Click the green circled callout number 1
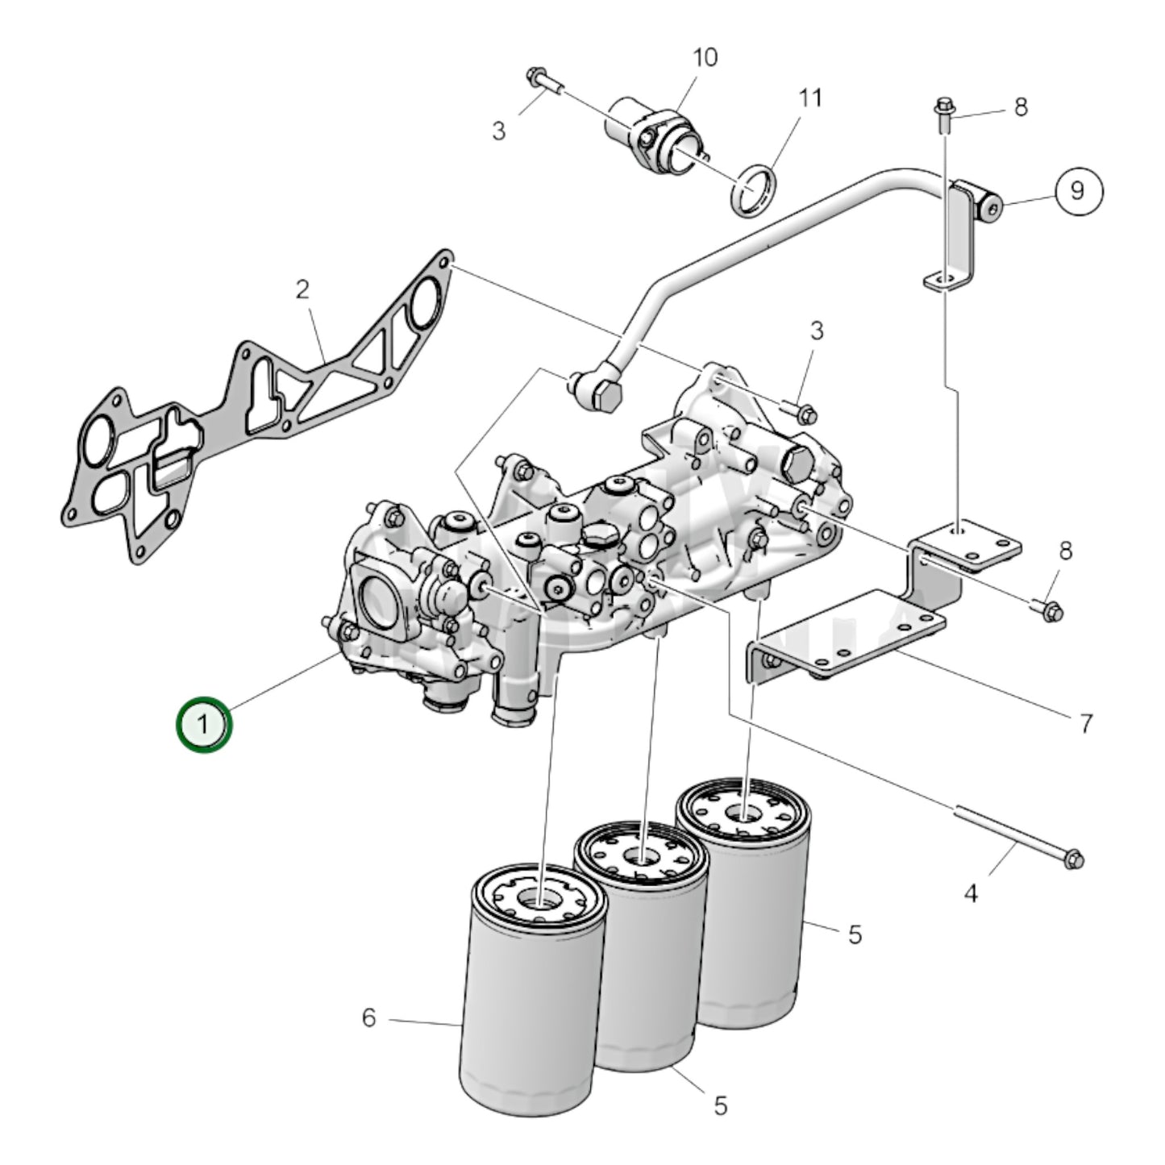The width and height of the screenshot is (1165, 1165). (204, 724)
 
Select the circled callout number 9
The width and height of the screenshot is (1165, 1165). (1078, 191)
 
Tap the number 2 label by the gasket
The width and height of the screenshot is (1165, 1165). (302, 289)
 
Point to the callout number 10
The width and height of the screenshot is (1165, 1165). (704, 57)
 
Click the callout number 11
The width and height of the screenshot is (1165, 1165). (810, 98)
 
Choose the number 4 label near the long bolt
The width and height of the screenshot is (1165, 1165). (971, 893)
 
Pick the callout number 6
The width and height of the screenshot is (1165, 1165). (369, 1018)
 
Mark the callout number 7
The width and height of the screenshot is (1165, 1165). (1085, 723)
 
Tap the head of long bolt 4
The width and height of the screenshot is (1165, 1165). (1073, 859)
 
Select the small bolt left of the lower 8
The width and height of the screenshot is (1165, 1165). (1048, 611)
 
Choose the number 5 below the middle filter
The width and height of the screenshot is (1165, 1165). (720, 1105)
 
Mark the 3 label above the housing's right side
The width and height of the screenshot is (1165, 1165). (817, 331)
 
